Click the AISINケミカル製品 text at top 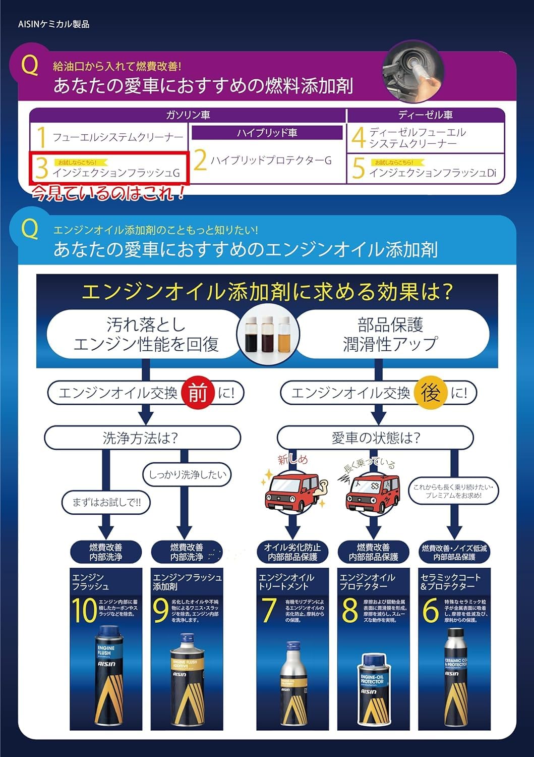53,24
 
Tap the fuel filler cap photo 413,73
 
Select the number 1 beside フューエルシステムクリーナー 42,137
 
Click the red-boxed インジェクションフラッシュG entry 108,169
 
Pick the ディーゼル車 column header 425,115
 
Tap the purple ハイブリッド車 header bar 267,133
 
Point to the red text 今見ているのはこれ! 108,193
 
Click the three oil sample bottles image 268,334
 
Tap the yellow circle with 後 430,393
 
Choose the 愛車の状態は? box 375,438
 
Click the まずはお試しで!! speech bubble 106,502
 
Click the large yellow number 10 83,611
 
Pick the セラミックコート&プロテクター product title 450,582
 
